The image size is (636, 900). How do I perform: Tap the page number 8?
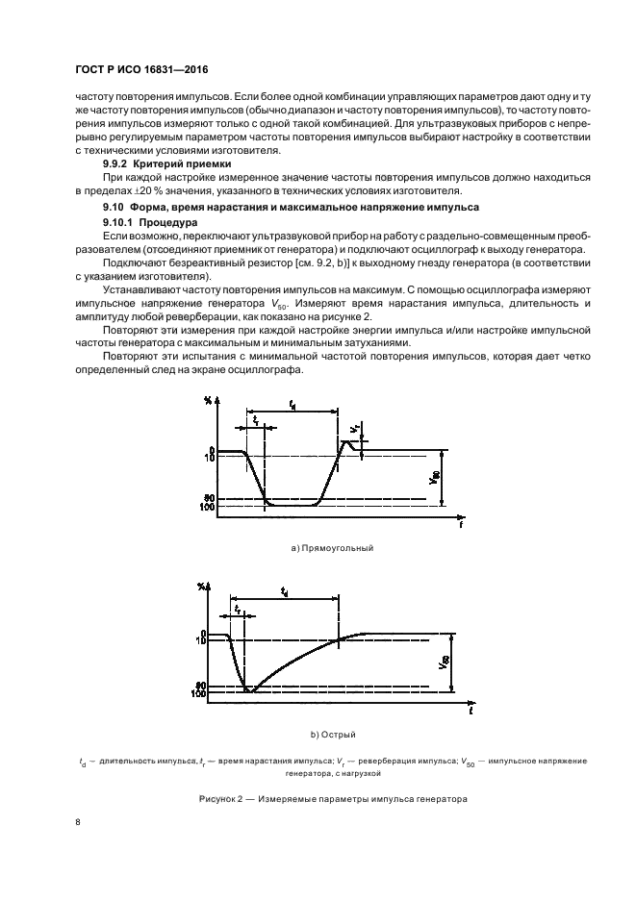click(78, 823)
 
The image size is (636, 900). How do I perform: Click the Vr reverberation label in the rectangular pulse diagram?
click(356, 428)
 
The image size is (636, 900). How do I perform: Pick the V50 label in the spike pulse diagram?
click(444, 662)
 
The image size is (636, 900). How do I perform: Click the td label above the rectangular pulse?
click(292, 407)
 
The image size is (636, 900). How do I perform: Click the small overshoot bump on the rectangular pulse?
click(347, 442)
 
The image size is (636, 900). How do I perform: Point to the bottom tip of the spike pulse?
click(247, 691)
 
